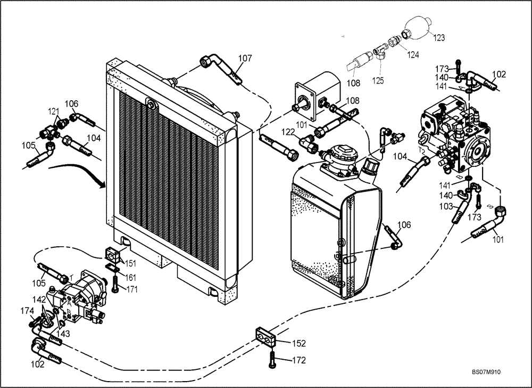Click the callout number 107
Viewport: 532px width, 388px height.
pos(245,59)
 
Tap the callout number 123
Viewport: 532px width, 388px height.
pos(439,37)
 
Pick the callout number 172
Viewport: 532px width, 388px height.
pos(299,361)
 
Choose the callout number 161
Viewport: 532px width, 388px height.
pos(130,277)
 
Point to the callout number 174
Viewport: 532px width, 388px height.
pos(27,311)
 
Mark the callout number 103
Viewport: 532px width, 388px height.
pos(446,206)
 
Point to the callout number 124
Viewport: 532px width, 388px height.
pos(413,54)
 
